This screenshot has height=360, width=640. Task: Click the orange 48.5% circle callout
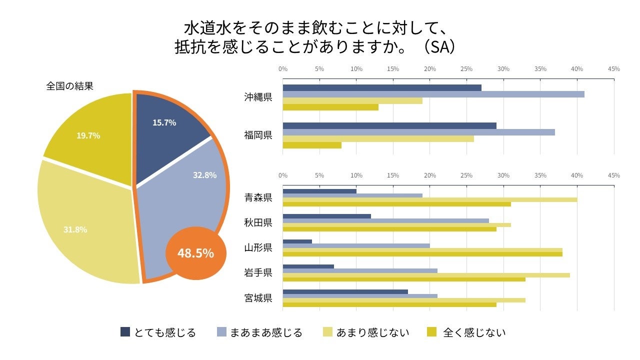click(196, 253)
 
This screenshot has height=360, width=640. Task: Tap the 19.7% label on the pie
click(88, 135)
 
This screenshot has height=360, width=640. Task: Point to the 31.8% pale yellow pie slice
click(85, 225)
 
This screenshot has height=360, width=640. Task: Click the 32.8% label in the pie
click(204, 175)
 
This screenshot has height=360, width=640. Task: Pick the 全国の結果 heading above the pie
click(70, 86)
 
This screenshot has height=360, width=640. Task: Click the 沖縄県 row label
click(258, 97)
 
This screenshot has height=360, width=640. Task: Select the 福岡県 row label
click(258, 135)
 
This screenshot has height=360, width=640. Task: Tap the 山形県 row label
click(258, 247)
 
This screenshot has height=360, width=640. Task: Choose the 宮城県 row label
click(258, 298)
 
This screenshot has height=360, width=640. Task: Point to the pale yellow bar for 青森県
click(429, 199)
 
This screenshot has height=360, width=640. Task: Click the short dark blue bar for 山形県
click(297, 241)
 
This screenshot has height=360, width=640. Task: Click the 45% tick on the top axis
click(613, 69)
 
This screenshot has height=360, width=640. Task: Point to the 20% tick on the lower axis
click(429, 175)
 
